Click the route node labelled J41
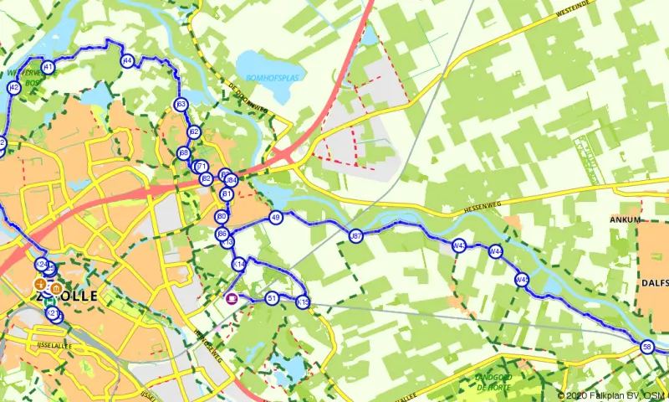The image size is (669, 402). click(48, 67)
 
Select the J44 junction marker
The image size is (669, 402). click(127, 60)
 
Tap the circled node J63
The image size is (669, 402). click(181, 105)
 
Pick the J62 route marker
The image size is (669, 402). click(194, 132)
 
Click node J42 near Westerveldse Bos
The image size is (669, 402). click(13, 87)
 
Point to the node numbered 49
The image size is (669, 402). click(277, 218)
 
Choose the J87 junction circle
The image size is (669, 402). click(356, 237)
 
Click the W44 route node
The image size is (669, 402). click(496, 251)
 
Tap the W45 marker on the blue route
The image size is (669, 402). click(522, 281)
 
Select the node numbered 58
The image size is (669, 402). click(646, 347)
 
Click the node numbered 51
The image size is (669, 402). click(272, 298)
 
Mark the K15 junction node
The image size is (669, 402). click(303, 302)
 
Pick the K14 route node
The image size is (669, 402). click(238, 265)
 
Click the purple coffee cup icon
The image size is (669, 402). click(232, 297)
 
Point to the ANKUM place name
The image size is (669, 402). click(626, 220)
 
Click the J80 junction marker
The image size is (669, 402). click(222, 217)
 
